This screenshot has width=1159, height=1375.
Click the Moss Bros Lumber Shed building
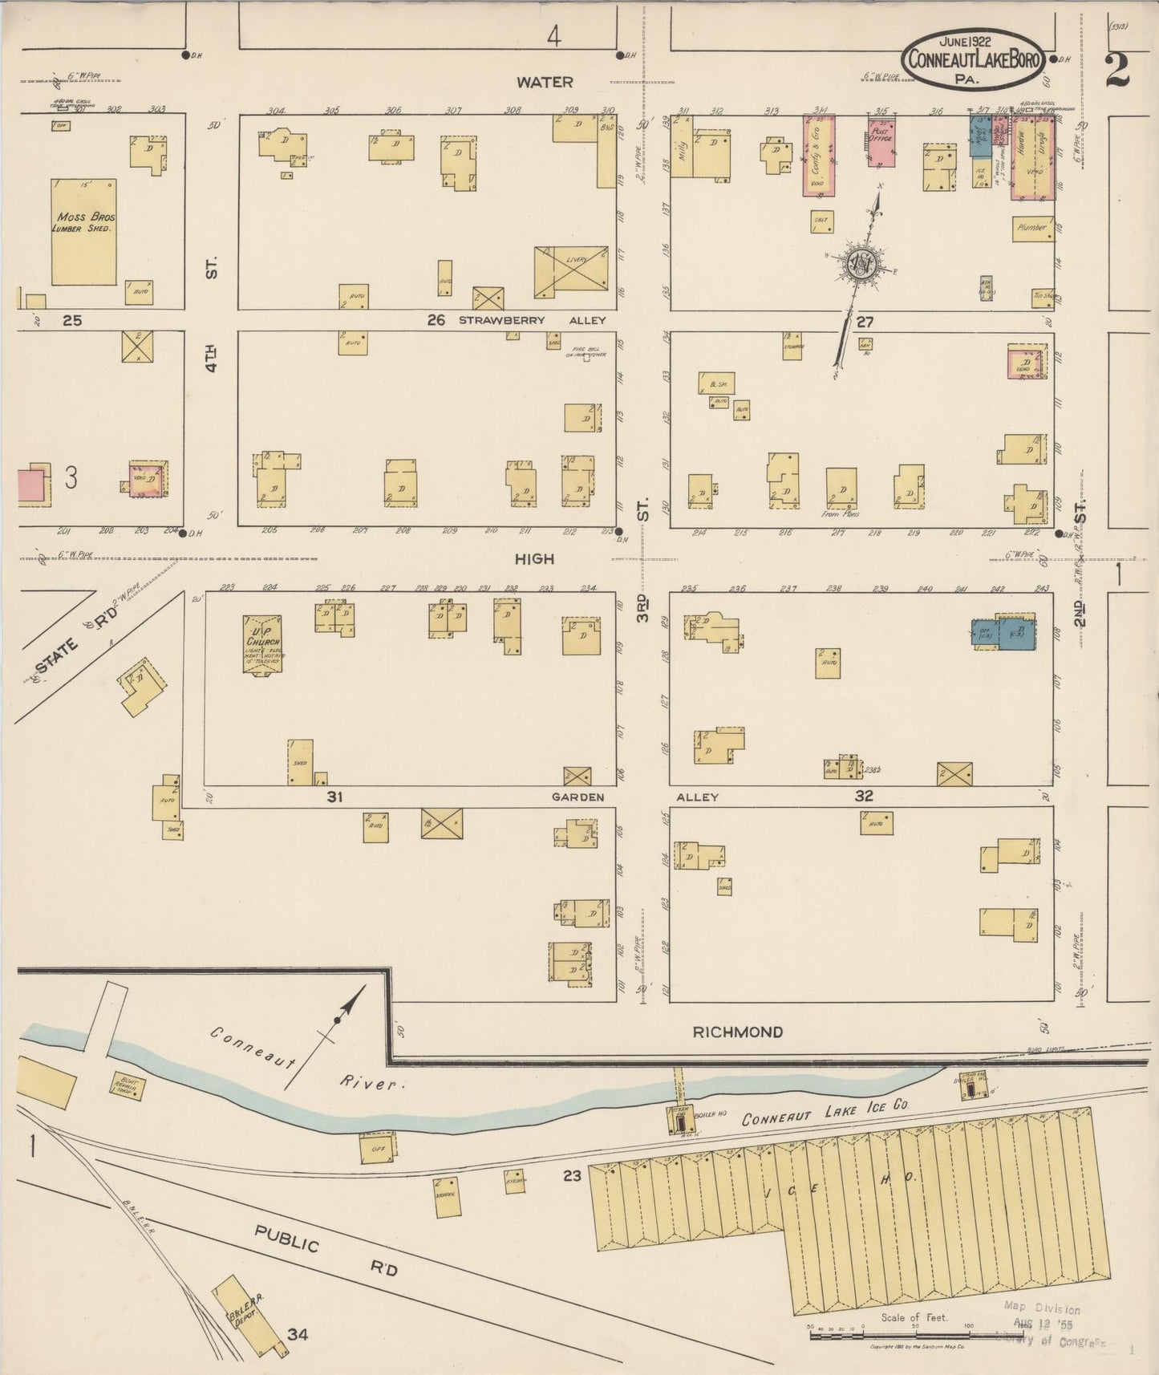tap(83, 232)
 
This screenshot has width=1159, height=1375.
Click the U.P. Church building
tap(262, 644)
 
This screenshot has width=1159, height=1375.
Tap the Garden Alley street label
tap(577, 797)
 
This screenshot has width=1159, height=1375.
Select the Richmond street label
tap(737, 1032)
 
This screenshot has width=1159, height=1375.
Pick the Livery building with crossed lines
tap(571, 269)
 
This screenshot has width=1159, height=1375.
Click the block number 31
tap(334, 797)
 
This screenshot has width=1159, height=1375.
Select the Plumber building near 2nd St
tap(1031, 229)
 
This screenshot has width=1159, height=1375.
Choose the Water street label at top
tap(545, 82)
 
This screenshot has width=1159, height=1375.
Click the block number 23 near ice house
tap(571, 1176)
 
